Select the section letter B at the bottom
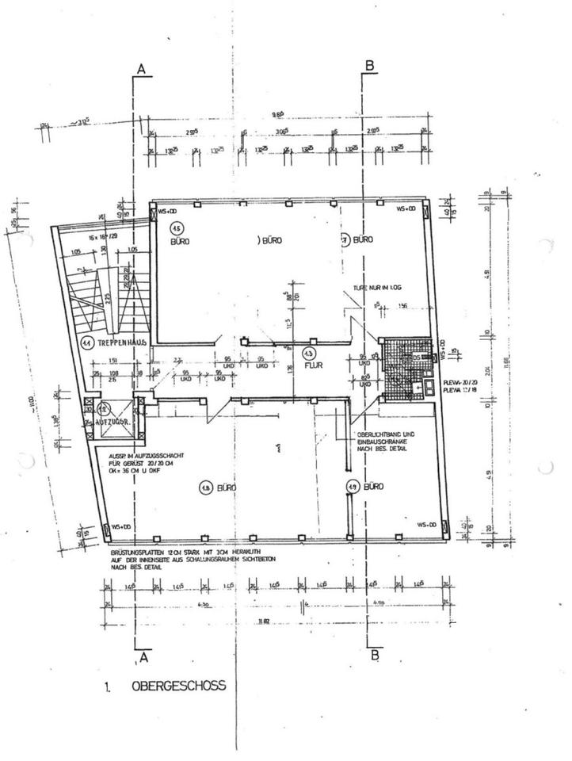(x=375, y=656)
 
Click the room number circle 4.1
(x=86, y=342)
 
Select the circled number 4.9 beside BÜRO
(x=352, y=488)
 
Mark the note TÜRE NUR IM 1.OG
(x=367, y=289)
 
